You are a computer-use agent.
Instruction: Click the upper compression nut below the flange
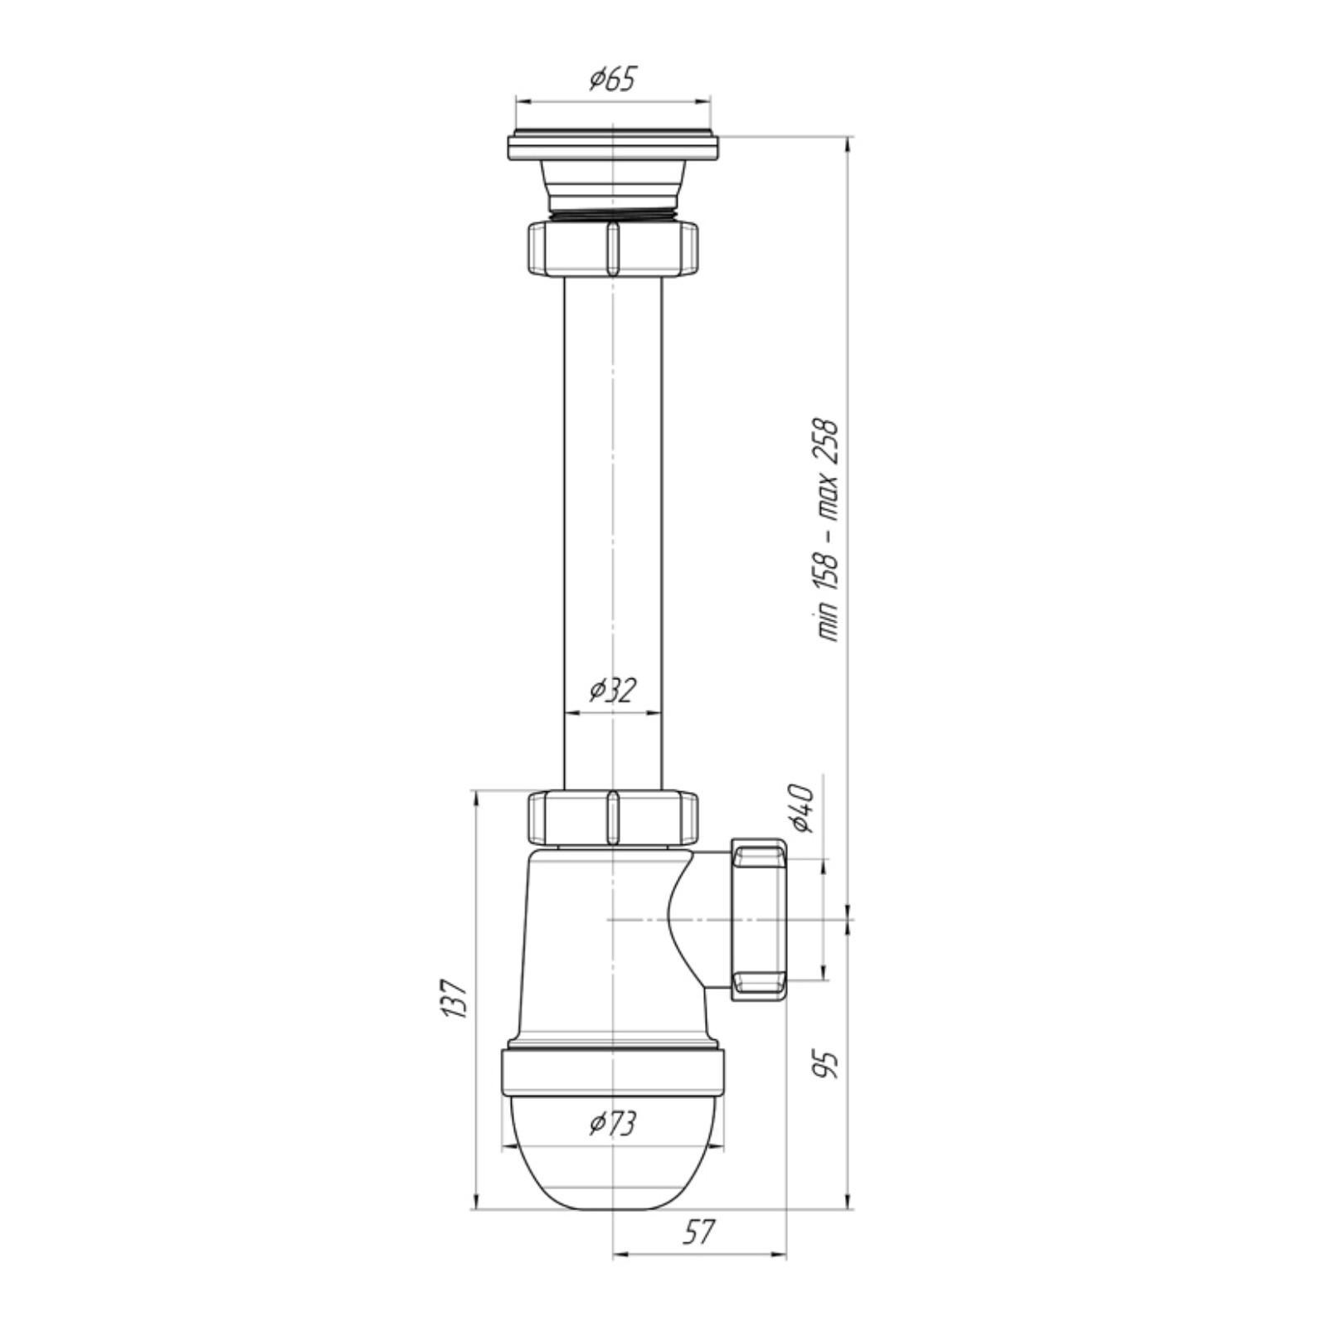coord(612,246)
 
